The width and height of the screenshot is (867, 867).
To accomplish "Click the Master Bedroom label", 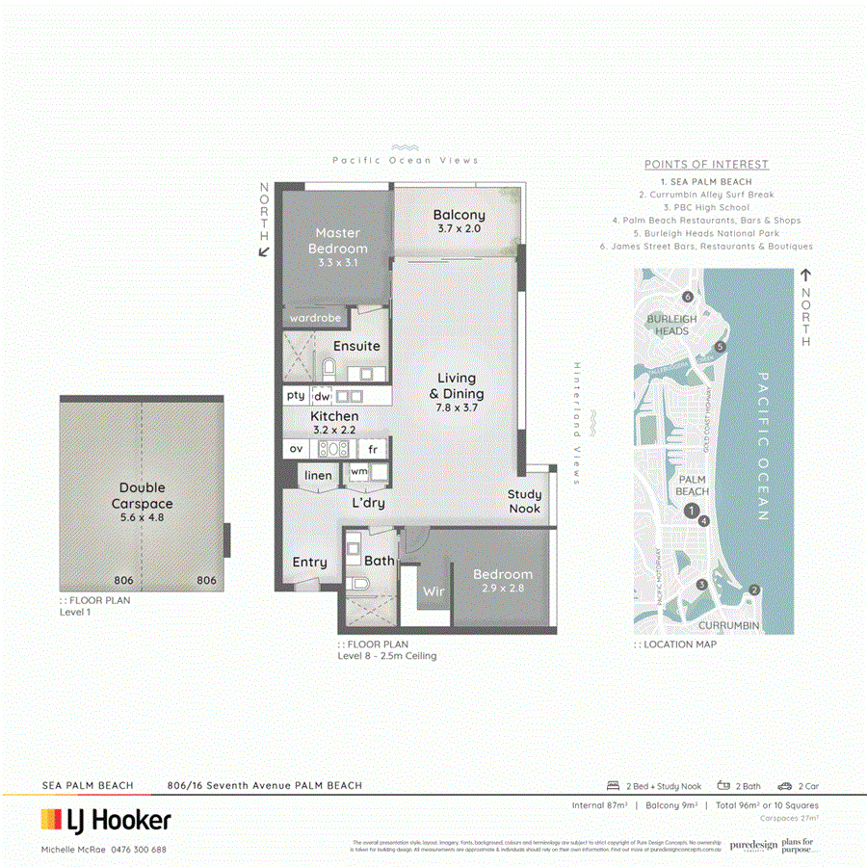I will coord(337,241).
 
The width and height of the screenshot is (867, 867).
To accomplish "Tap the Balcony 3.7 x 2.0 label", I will coord(459,222).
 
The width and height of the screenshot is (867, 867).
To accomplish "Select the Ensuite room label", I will coord(356,346).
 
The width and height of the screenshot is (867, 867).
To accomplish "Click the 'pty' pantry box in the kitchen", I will coord(296,395).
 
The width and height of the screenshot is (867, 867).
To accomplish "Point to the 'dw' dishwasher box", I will coord(322,396).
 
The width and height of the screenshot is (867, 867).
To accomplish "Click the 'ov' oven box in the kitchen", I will coord(296,449).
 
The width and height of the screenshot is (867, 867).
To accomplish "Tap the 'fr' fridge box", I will coord(373,449).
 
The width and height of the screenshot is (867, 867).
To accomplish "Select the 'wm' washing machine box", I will coord(359,471).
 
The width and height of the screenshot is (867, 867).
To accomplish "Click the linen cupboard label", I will coord(318,475).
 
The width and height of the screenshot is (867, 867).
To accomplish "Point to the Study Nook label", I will coord(525,501).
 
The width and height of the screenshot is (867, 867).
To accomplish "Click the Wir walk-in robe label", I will coord(433,591).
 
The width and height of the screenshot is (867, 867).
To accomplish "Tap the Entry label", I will coord(309,562).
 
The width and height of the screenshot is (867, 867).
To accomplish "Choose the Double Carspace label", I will coord(143,495).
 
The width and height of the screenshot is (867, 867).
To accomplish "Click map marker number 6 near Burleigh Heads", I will coord(687,297).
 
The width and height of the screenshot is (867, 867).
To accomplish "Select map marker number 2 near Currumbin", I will coord(754,591).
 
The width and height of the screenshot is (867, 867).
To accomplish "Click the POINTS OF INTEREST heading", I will coord(706,165).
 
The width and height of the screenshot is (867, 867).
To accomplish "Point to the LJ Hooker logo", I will coord(106,821).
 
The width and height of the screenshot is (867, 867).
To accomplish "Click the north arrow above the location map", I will coord(805,276).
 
